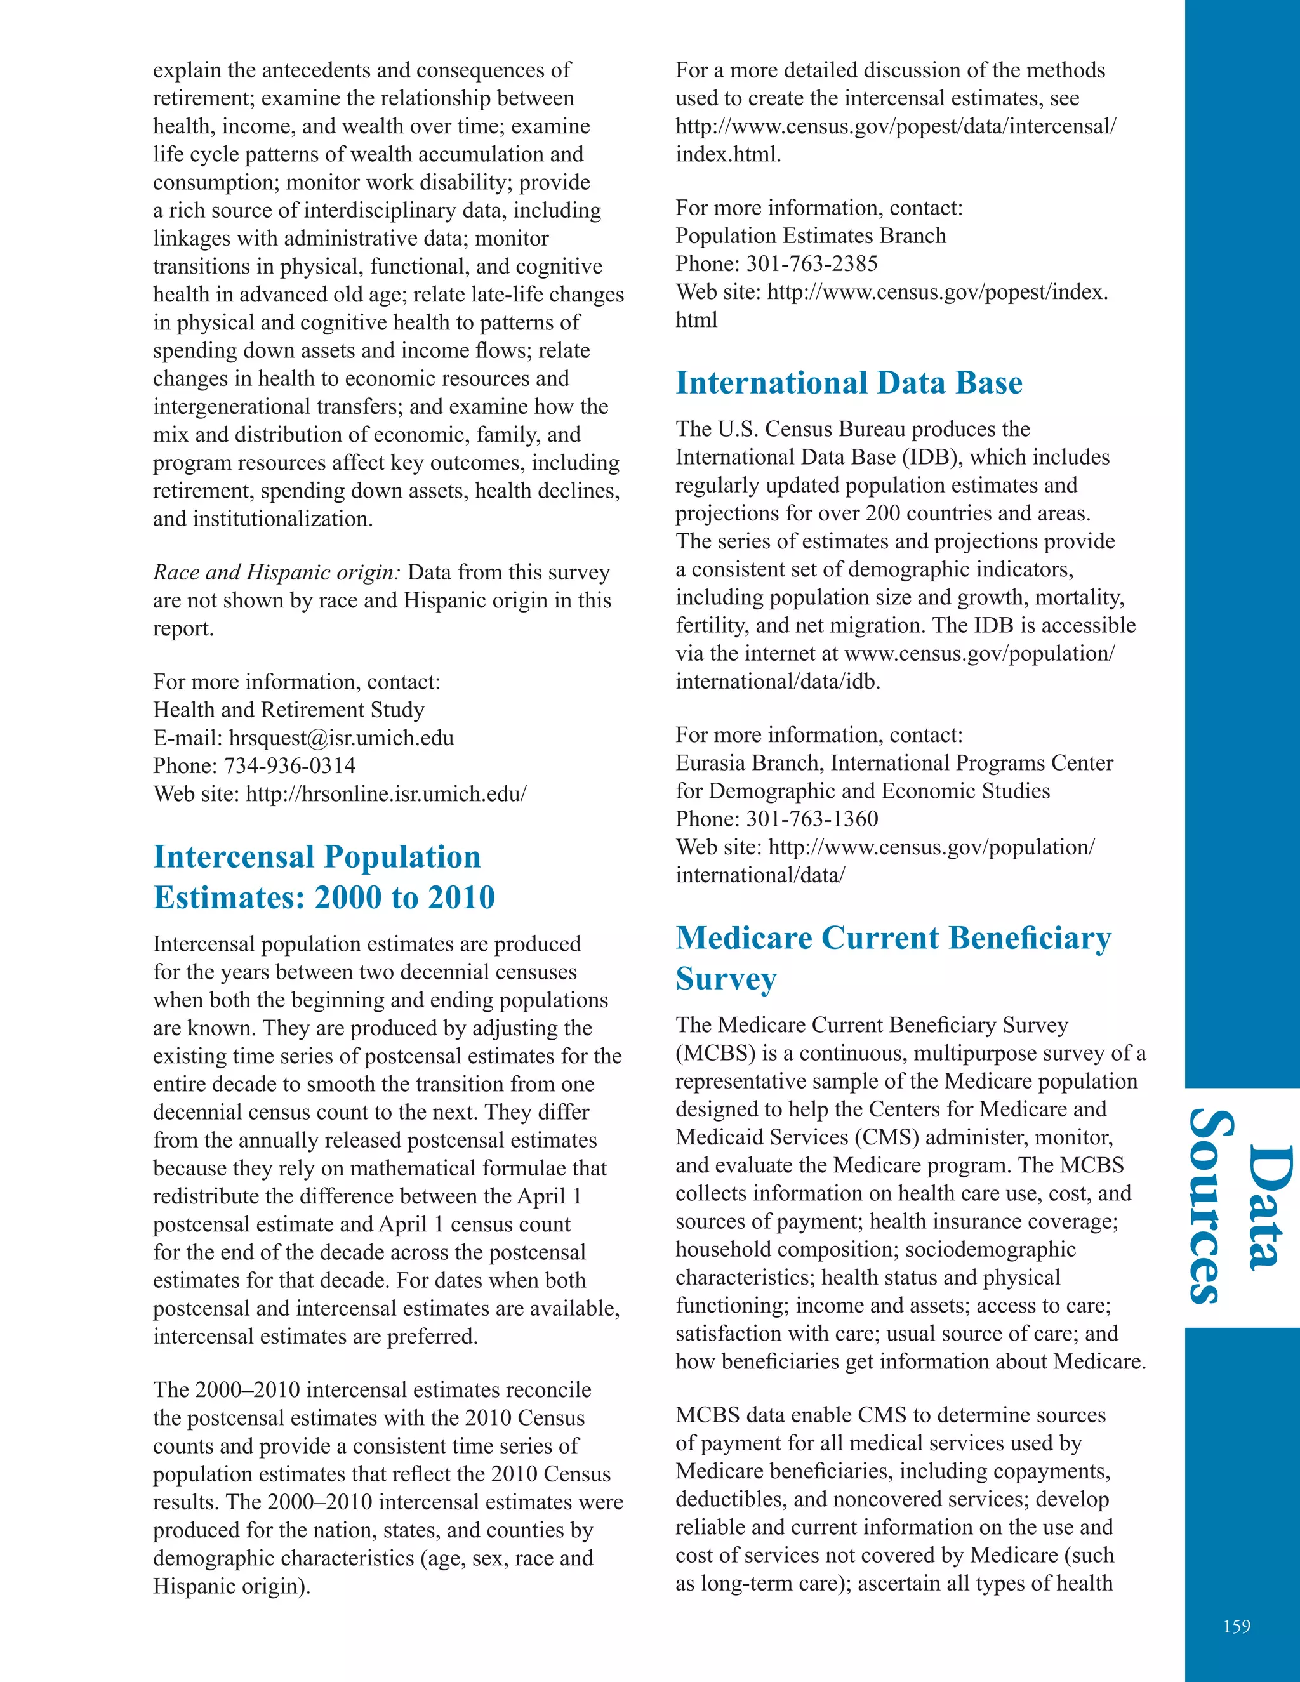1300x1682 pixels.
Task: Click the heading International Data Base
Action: [x=849, y=383]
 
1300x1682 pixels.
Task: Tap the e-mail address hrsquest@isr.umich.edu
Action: [x=341, y=738]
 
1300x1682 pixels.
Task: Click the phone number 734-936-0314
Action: [x=289, y=765]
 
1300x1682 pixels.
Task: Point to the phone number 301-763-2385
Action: [x=812, y=264]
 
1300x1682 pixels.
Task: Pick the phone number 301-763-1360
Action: [x=812, y=819]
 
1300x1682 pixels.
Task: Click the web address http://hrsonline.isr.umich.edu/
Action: [x=386, y=794]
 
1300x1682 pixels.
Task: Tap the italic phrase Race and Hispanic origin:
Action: [x=277, y=573]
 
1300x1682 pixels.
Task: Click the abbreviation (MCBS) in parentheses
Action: [x=715, y=1053]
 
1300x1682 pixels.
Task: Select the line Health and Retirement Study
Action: [x=289, y=710]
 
